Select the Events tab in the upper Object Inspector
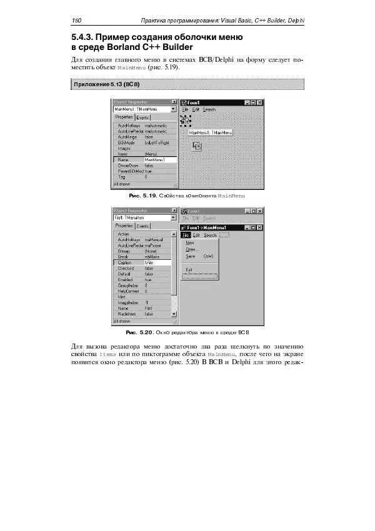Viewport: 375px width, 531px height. [142, 117]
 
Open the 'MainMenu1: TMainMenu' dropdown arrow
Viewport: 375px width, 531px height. [173, 109]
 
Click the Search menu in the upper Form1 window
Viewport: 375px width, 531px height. [209, 110]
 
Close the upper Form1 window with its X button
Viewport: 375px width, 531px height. [259, 102]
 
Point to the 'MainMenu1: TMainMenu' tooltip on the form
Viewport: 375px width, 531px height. [211, 132]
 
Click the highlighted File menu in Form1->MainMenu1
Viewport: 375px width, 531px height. [186, 236]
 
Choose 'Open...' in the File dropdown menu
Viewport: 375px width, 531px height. [192, 249]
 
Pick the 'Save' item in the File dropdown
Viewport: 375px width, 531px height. [191, 256]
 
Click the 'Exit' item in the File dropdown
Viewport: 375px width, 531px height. [189, 269]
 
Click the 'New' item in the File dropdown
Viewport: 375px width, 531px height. [190, 242]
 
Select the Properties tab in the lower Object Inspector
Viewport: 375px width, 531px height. [124, 226]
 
